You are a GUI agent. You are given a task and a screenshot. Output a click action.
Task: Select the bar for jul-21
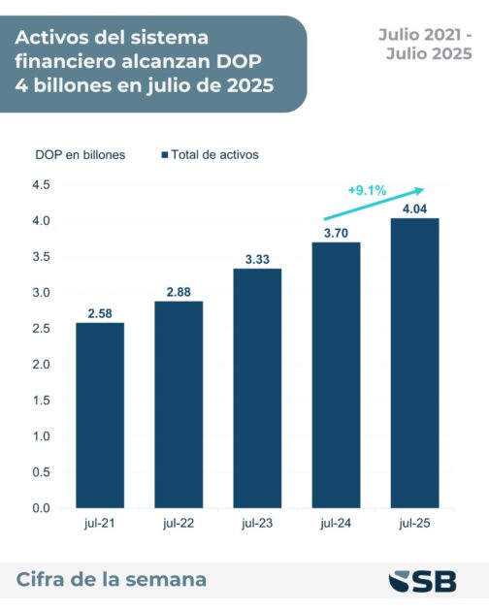point(100,415)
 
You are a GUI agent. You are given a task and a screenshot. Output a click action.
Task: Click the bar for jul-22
point(179,404)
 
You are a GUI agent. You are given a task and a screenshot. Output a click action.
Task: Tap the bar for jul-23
point(257,388)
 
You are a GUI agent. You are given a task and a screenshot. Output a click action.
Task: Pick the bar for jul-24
point(336,374)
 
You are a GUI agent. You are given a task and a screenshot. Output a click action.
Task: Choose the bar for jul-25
point(414,363)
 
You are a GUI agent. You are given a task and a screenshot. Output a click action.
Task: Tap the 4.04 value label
point(414,207)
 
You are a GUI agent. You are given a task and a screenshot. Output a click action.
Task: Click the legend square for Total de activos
point(164,154)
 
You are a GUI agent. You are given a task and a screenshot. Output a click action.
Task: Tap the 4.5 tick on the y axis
point(41,184)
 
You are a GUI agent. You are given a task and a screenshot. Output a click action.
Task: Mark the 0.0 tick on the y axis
point(41,507)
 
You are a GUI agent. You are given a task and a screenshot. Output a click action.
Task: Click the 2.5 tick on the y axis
point(41,328)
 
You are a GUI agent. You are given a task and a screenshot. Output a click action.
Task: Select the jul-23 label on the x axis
point(257,524)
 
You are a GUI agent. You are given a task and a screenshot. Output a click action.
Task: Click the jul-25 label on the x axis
point(414,524)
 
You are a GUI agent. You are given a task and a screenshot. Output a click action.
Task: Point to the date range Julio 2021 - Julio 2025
point(425,44)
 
